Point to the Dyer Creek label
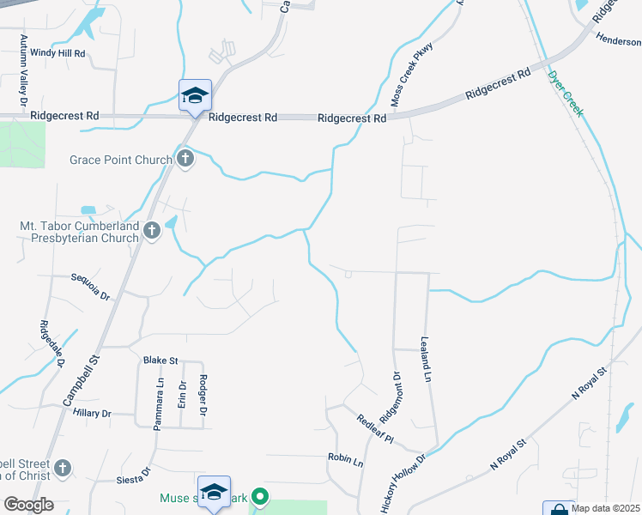tap(566, 94)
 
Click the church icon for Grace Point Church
tap(185, 158)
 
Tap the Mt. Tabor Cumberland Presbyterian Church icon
tap(152, 230)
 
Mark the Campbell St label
tap(82, 378)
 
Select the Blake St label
tap(160, 360)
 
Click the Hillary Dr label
tap(93, 414)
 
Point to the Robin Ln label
tap(346, 459)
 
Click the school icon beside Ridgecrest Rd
tap(195, 95)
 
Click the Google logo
tap(27, 505)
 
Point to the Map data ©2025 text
tap(606, 508)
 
